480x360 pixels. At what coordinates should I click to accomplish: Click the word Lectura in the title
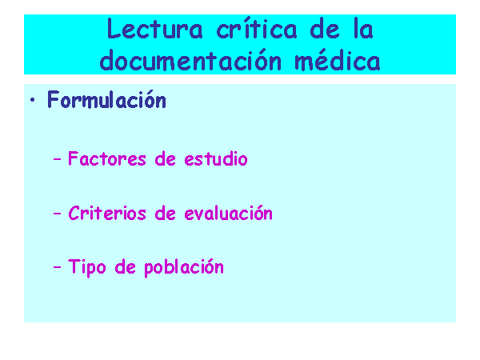155,29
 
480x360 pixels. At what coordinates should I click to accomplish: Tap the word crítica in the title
257,29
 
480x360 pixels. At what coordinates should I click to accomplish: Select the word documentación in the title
190,60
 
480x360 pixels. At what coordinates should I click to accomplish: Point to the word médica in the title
338,60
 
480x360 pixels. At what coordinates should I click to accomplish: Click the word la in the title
363,29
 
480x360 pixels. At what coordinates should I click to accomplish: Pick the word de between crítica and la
325,29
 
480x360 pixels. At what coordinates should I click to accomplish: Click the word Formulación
106,99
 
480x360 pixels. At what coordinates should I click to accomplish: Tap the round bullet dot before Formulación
33,99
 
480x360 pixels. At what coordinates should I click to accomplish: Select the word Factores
107,158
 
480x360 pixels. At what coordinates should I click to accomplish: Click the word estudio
216,158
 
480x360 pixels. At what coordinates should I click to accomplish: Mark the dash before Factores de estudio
57,159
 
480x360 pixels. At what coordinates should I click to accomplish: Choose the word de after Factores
165,158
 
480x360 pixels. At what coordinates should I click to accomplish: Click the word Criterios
107,213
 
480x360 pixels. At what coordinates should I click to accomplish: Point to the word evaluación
228,213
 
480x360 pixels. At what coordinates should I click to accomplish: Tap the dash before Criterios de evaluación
57,214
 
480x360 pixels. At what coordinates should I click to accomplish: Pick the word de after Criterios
165,213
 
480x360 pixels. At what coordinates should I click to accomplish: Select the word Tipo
87,267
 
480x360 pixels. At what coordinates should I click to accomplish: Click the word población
184,267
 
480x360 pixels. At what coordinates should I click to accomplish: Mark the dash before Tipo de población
57,267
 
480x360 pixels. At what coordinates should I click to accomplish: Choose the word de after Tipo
126,266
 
